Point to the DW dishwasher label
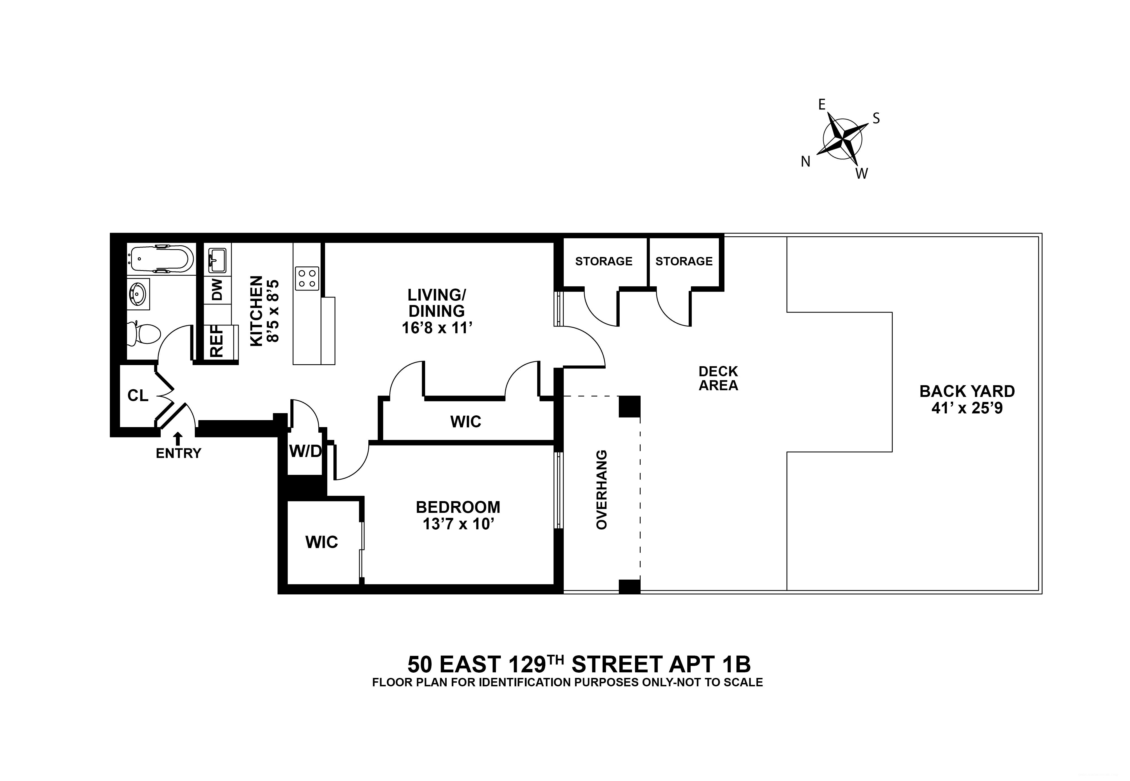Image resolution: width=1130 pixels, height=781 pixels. coord(217,290)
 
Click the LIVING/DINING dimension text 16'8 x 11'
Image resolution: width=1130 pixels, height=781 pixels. coord(437,327)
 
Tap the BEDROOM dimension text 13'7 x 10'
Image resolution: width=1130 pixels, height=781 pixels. coord(458,524)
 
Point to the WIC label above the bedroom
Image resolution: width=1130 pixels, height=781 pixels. coord(466,421)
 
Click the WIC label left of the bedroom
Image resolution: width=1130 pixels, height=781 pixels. coord(322,542)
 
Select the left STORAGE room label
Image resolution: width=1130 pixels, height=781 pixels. coord(604,261)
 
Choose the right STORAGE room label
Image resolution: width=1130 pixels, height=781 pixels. coord(684,261)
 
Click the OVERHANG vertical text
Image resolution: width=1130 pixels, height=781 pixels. coord(601,489)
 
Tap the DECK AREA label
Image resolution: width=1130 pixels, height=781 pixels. coord(718,378)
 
